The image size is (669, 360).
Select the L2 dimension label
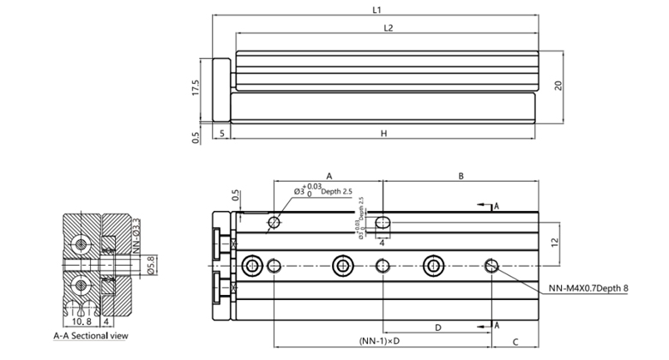388,28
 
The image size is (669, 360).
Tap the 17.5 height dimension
196,87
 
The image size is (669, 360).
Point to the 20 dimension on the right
557,85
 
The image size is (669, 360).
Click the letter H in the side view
383,134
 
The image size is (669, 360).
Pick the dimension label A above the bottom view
329,175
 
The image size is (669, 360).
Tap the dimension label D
437,327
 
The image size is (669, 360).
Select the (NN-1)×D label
381,341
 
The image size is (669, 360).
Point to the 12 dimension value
557,243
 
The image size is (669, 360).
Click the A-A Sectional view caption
91,336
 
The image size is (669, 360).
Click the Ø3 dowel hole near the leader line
274,224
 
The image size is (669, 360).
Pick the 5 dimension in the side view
222,134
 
